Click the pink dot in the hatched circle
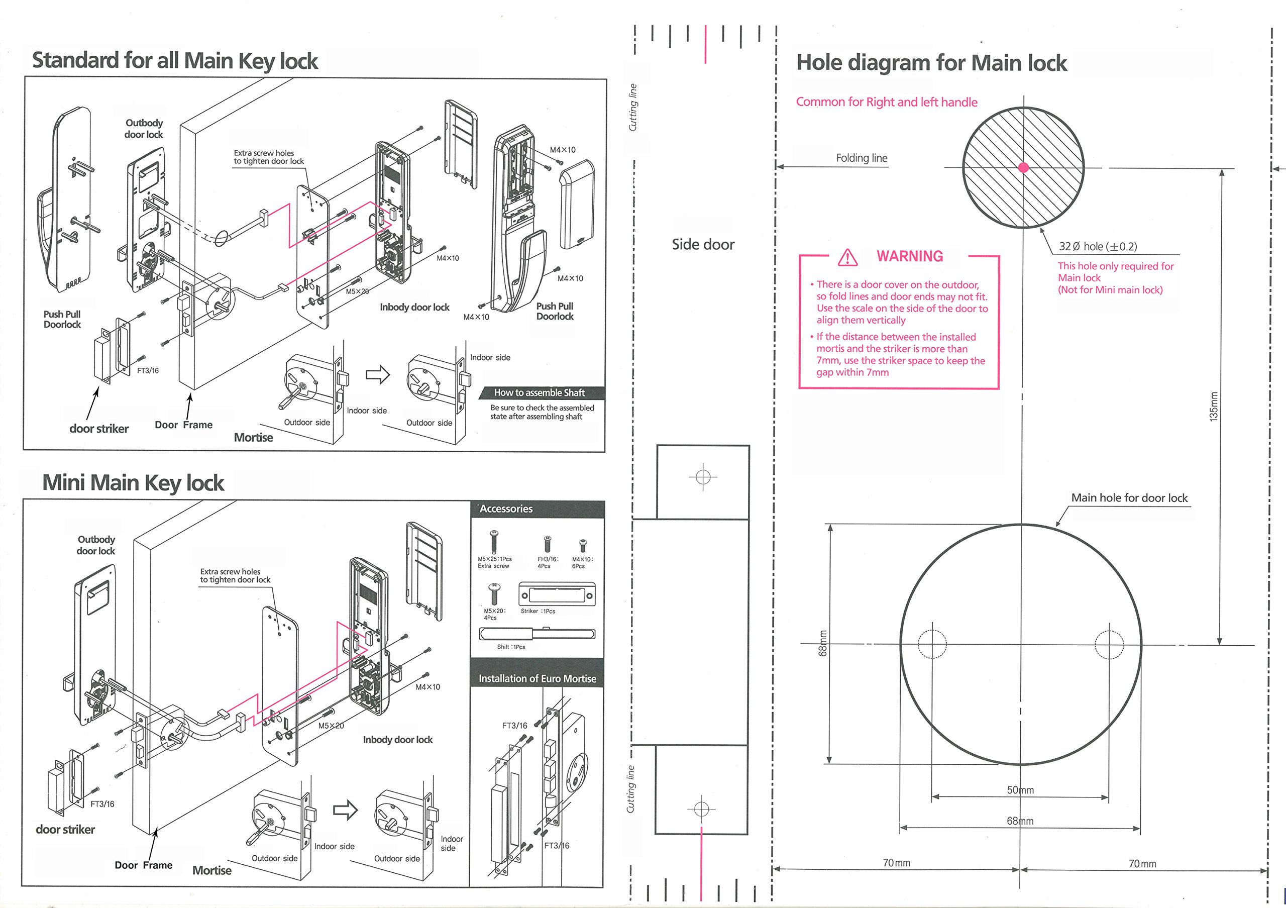tap(1023, 167)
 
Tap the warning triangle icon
tap(847, 257)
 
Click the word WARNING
tap(910, 257)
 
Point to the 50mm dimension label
tap(1020, 790)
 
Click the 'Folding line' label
tap(862, 158)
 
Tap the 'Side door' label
tap(703, 244)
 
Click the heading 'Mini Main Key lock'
tap(133, 483)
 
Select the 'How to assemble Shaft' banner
tap(539, 392)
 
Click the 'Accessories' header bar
tap(538, 509)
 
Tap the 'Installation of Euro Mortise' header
tap(537, 678)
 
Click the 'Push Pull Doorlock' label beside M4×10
tap(555, 312)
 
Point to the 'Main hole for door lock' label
tap(1129, 498)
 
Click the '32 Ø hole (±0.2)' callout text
tap(1098, 246)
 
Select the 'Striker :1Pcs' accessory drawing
tap(556, 594)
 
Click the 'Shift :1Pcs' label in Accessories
tap(511, 647)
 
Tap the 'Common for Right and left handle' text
tap(887, 102)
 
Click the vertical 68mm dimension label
tap(823, 644)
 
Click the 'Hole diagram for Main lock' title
tap(931, 63)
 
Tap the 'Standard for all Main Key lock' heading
tap(175, 60)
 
